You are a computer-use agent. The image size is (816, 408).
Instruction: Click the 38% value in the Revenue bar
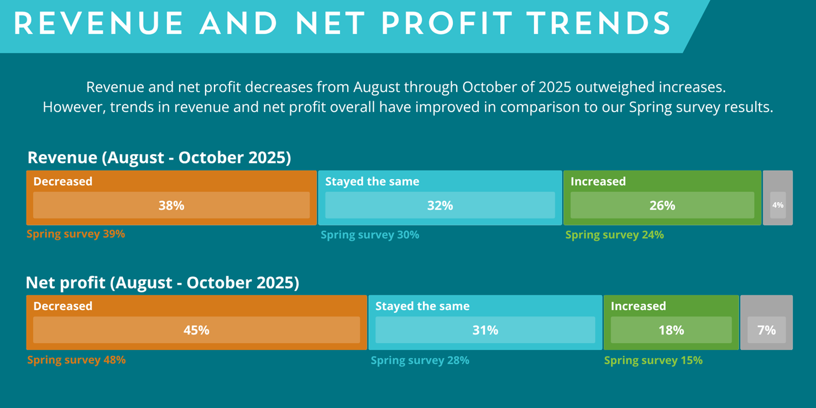coord(171,206)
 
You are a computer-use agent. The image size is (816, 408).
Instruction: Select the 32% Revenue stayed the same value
coord(440,206)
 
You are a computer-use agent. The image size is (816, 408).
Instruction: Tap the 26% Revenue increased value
coord(662,206)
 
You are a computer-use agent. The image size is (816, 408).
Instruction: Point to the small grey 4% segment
coord(778,205)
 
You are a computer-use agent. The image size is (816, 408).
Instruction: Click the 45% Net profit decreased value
coord(196,330)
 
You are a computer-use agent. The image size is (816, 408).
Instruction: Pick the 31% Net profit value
coord(485,330)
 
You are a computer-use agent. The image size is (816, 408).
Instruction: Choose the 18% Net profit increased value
coord(671,330)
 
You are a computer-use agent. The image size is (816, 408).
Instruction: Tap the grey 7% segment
coord(767,330)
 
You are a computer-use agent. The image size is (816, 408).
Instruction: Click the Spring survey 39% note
coord(76,234)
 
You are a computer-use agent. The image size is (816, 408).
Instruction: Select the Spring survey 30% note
coord(370,235)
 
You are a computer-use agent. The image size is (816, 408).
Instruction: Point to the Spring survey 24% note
coord(614,235)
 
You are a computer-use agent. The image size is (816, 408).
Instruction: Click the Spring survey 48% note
coord(76,360)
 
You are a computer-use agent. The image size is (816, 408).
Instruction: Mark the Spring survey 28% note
coord(420,360)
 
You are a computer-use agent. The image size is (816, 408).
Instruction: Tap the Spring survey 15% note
coord(653,360)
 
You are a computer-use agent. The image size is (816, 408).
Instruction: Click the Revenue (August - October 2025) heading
coord(159,158)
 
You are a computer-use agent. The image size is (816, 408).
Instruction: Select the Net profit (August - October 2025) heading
coord(163,283)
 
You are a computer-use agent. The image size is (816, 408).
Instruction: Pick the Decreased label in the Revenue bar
coord(63,181)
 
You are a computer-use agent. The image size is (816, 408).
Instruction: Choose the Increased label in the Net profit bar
coord(638,306)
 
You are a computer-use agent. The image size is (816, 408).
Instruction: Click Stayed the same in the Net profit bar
coord(422,306)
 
